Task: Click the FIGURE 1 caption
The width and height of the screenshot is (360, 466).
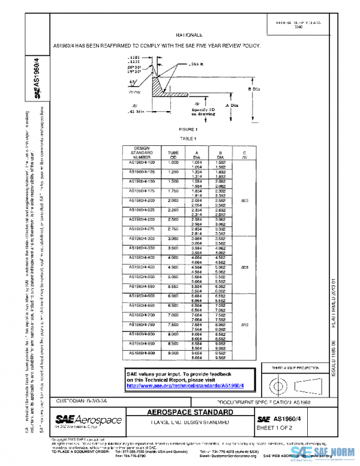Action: click(188, 130)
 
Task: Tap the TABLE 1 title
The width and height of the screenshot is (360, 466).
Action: click(188, 138)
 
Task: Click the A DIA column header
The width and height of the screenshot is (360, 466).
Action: click(196, 154)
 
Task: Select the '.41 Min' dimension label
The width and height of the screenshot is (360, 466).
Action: click(137, 112)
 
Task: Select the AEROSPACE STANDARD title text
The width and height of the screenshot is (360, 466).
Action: click(188, 414)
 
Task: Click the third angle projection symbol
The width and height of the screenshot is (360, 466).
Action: click(289, 383)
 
